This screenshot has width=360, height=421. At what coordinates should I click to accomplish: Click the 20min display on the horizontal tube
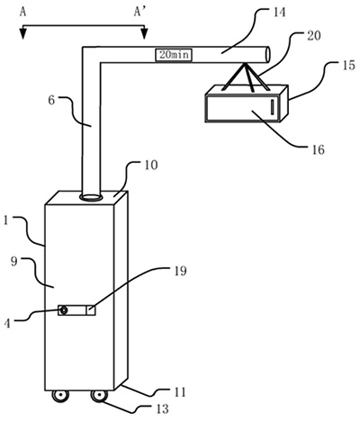click(174, 55)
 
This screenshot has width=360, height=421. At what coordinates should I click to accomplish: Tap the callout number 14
click(278, 13)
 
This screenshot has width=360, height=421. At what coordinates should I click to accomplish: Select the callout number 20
click(313, 36)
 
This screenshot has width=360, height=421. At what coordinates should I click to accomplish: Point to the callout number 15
click(348, 66)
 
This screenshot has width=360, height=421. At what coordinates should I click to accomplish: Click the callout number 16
click(318, 149)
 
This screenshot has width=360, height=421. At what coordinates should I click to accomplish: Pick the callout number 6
click(51, 101)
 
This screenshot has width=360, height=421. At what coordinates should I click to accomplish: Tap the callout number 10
click(150, 166)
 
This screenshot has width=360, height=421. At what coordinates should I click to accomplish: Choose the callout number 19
click(179, 271)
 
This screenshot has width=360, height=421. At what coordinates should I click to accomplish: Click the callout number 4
click(8, 324)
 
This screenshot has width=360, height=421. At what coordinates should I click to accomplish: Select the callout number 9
click(14, 262)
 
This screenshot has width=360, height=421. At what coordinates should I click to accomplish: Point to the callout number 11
click(180, 392)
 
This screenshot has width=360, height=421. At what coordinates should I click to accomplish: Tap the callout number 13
click(162, 409)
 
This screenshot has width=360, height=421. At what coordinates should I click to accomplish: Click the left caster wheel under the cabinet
click(60, 396)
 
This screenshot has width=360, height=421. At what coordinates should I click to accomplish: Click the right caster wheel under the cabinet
click(99, 396)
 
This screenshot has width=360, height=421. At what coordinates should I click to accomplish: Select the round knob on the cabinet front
click(64, 310)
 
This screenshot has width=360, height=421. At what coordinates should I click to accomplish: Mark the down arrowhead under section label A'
click(145, 33)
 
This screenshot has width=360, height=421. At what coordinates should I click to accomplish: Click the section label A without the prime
click(22, 12)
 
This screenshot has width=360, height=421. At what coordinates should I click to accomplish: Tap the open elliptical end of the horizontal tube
click(267, 55)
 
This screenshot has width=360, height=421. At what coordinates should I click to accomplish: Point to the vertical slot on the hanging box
click(273, 107)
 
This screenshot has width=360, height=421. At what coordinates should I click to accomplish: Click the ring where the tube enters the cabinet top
click(91, 197)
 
